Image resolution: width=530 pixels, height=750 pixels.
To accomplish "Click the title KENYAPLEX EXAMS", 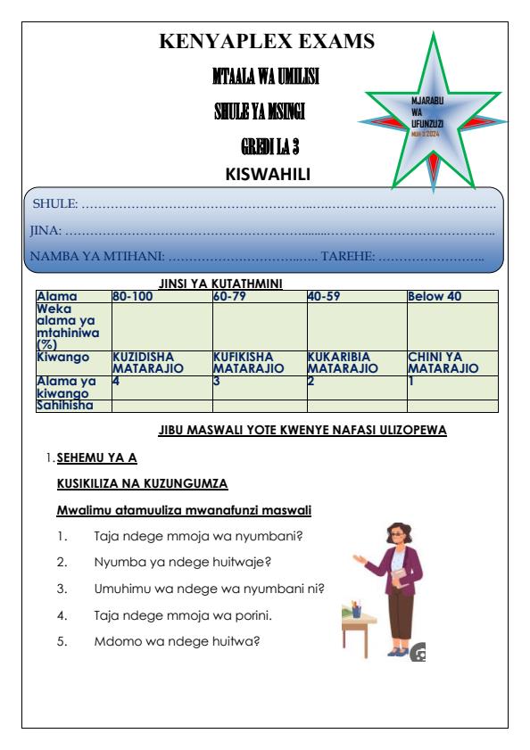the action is (266, 41).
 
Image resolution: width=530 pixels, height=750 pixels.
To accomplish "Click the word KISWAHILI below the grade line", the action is (266, 173).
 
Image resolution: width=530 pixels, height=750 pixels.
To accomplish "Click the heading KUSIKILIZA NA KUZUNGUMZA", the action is (143, 484).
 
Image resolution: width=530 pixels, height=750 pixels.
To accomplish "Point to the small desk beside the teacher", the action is (359, 624).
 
